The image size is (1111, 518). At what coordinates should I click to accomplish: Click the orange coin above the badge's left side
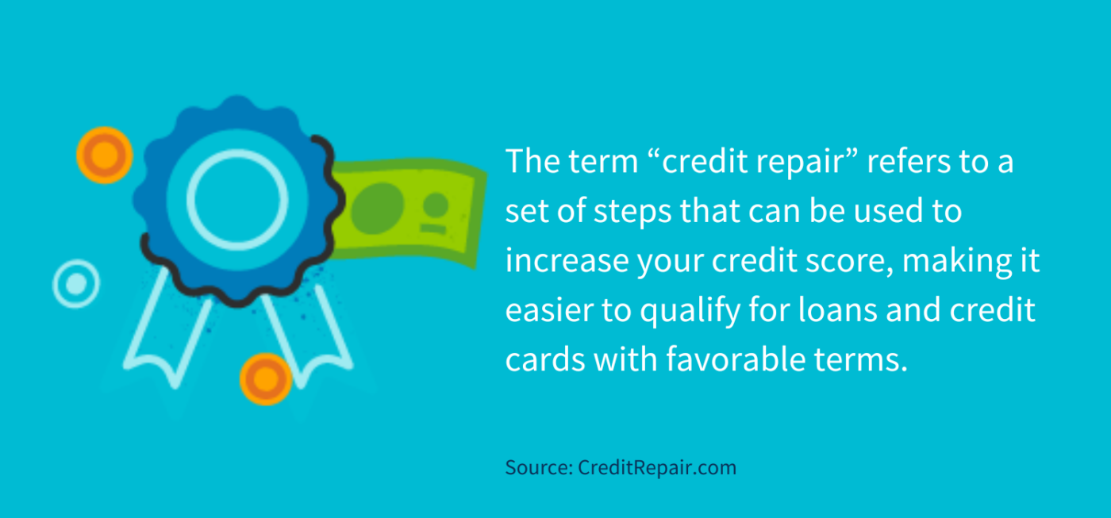coord(104,155)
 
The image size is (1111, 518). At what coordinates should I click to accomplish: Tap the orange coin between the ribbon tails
coord(267,380)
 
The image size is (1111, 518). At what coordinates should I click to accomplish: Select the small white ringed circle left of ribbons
coord(76,283)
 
